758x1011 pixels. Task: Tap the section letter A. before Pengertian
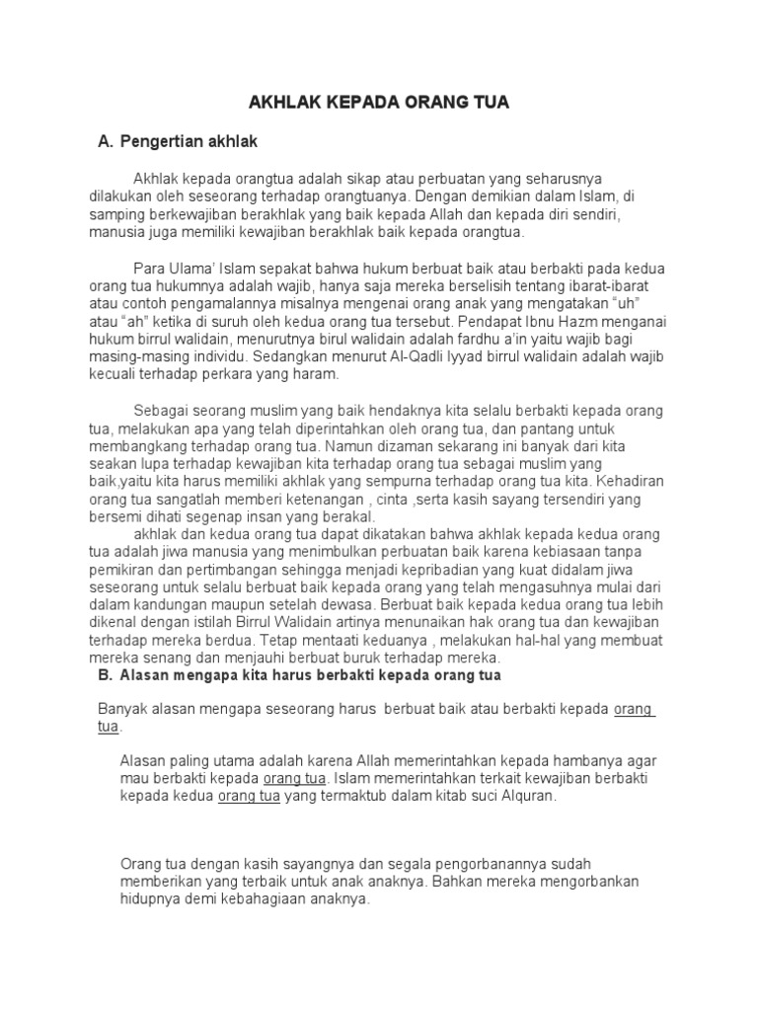(105, 142)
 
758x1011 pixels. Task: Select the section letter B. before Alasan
(105, 676)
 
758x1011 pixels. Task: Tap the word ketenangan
(309, 499)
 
